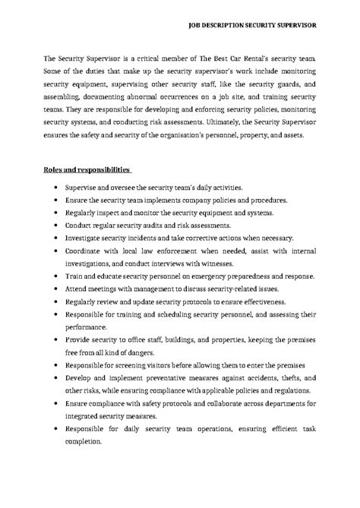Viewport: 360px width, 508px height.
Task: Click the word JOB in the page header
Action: tap(195, 24)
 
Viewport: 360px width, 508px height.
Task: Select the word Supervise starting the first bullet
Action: tap(83, 187)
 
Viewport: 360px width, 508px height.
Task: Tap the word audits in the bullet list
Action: tap(163, 225)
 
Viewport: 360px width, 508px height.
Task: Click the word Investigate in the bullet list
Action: tap(86, 238)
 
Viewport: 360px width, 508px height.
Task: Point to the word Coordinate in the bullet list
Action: tap(86, 251)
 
